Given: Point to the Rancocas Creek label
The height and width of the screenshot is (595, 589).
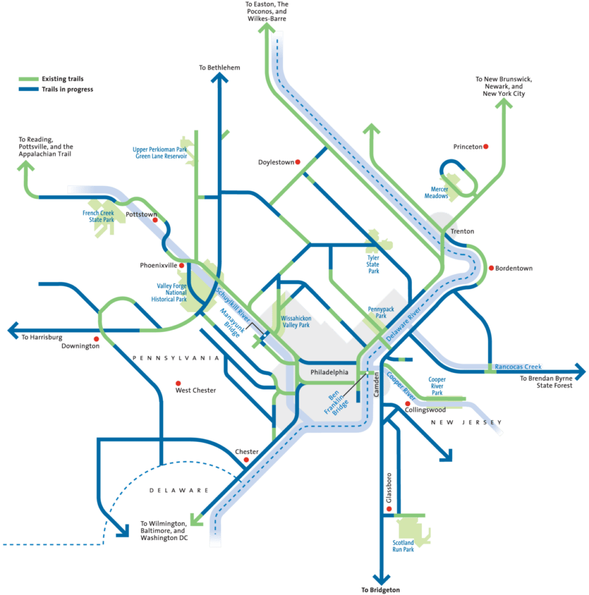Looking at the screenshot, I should [x=518, y=367].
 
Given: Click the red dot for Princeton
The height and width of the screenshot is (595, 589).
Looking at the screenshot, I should [x=486, y=147].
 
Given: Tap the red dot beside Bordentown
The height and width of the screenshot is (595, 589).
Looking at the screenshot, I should [x=491, y=268].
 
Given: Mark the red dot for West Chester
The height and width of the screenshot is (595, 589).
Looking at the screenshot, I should [x=178, y=383].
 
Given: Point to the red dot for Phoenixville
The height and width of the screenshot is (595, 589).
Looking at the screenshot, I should [x=182, y=266].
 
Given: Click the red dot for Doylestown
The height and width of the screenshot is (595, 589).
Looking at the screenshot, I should [x=297, y=162].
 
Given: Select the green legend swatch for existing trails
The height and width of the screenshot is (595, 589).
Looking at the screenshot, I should [x=27, y=79].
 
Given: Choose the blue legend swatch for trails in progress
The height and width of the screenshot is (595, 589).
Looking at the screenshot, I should [x=27, y=89].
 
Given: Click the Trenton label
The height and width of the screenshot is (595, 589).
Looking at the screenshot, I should [x=462, y=231].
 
